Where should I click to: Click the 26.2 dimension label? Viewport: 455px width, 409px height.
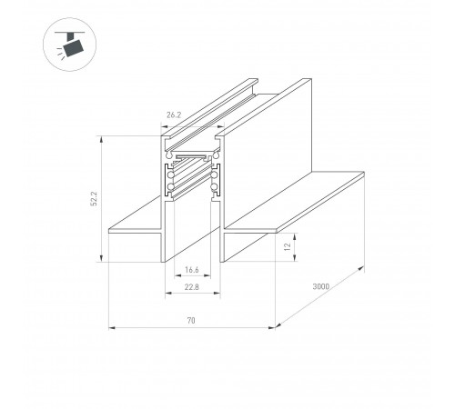pos(174,115)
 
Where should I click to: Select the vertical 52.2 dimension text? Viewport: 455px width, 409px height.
pos(95,199)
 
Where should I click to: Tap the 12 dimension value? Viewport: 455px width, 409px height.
pos(288,246)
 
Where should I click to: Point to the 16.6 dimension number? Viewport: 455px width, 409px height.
pos(192,269)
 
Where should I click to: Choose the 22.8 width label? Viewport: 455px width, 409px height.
pos(192,286)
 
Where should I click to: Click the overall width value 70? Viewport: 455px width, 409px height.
pos(191,320)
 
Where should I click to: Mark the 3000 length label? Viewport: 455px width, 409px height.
pos(321,286)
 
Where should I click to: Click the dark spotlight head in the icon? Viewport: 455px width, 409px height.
pos(73,48)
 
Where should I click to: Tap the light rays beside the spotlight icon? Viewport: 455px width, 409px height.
pos(60,54)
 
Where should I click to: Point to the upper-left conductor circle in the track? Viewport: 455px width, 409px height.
pos(171,175)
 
